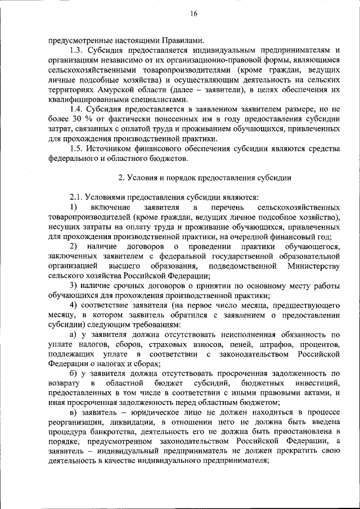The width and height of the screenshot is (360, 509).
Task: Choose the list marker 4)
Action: [x=73, y=305]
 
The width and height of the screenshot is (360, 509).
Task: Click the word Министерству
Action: [x=313, y=265]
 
